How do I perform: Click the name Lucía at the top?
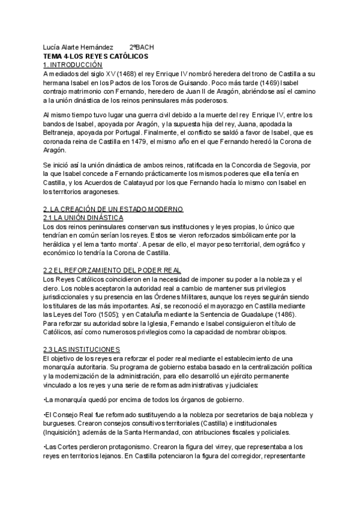[x=52, y=47]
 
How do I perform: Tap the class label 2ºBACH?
[x=142, y=47]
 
